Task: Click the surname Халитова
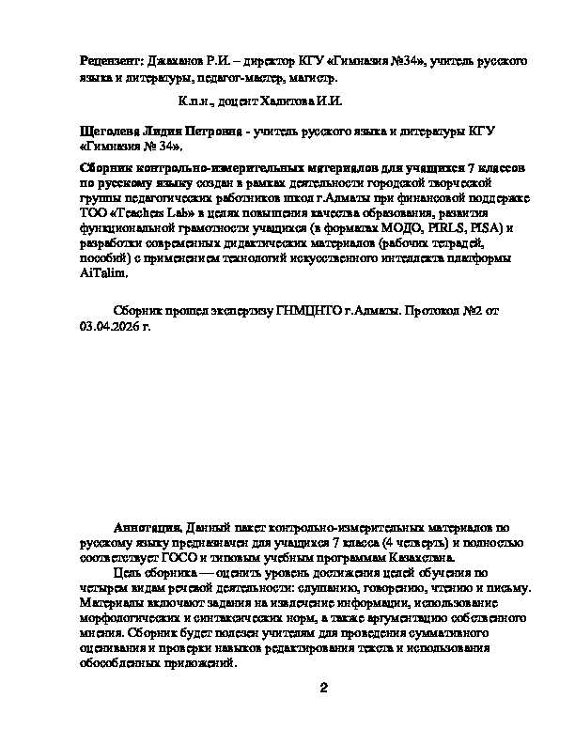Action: click(x=286, y=101)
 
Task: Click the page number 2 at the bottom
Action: click(x=322, y=690)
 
